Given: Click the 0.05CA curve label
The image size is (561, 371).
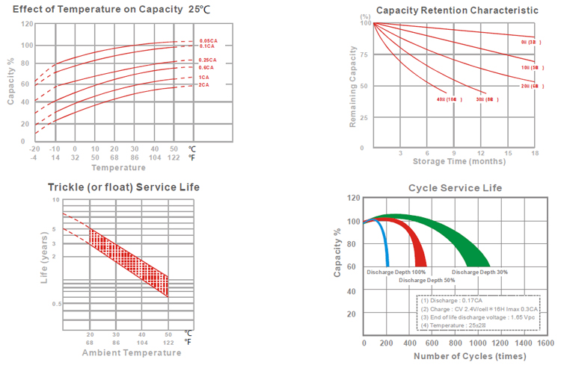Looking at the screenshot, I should tap(208, 40).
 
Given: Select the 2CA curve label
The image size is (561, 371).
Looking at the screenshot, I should tap(203, 85).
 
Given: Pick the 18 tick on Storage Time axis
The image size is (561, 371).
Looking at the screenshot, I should tap(535, 152).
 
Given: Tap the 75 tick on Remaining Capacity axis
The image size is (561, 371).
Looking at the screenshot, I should tap(366, 55).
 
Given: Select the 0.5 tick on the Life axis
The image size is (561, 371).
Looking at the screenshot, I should tap(55, 305).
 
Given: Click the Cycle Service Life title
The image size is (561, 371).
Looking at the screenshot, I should tap(454, 187).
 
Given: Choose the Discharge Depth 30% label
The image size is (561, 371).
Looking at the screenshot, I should tap(479, 272).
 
